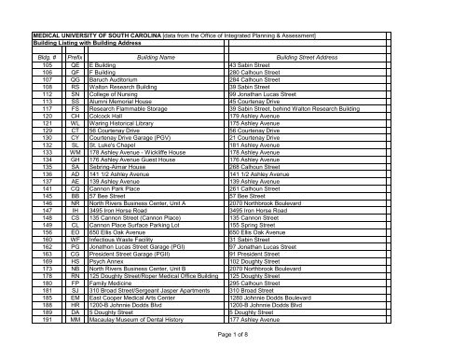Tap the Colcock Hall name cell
point(108,117)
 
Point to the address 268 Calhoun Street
point(257,169)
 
